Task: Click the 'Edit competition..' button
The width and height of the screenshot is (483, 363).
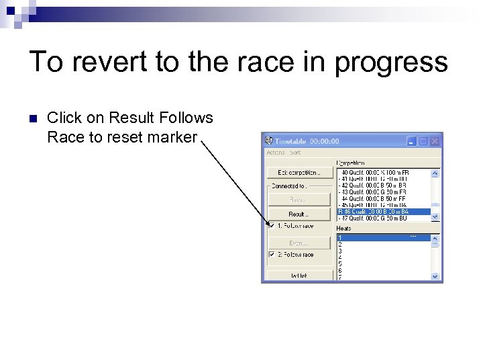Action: pyautogui.click(x=300, y=173)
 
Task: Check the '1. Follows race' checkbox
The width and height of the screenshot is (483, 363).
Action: pyautogui.click(x=272, y=226)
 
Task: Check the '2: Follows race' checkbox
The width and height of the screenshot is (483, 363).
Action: pyautogui.click(x=272, y=255)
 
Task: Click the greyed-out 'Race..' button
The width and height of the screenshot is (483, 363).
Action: pyautogui.click(x=300, y=200)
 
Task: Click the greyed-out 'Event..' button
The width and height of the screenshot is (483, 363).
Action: pyautogui.click(x=300, y=242)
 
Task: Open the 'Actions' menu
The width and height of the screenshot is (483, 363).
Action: pyautogui.click(x=276, y=153)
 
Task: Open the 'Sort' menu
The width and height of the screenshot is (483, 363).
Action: pyautogui.click(x=295, y=153)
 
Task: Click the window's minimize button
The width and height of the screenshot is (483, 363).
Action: pyautogui.click(x=412, y=141)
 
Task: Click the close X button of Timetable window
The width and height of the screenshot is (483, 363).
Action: pyautogui.click(x=435, y=141)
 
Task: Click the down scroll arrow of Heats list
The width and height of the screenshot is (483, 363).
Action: pyautogui.click(x=435, y=276)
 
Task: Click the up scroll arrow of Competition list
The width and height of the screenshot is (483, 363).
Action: pyautogui.click(x=435, y=173)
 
